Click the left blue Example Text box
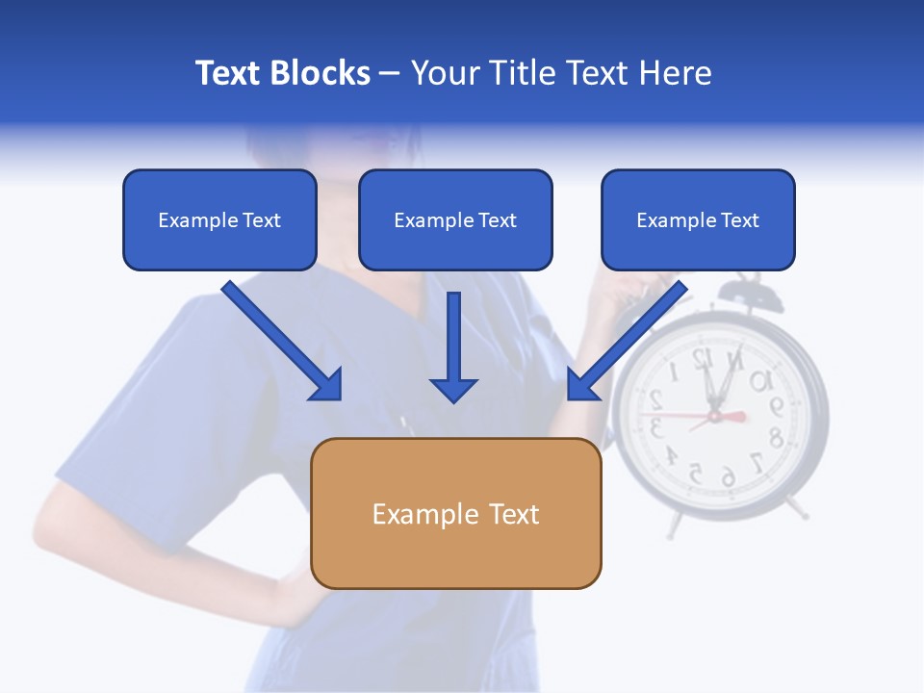point(219,220)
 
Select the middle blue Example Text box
point(455,220)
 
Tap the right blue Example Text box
point(698,220)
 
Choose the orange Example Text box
point(456,513)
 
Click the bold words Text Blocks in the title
point(282,73)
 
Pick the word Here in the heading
point(676,73)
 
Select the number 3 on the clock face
point(655,427)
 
